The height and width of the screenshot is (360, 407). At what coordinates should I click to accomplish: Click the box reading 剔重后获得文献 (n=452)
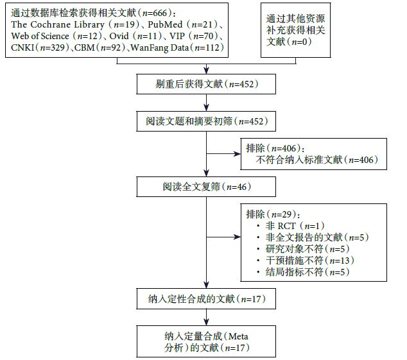pyautogui.click(x=207, y=84)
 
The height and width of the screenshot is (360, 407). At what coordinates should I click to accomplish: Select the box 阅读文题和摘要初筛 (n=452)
pyautogui.click(x=207, y=121)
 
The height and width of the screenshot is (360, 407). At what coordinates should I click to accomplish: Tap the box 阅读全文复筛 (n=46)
pyautogui.click(x=207, y=187)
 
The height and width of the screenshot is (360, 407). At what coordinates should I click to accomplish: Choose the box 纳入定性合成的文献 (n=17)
pyautogui.click(x=207, y=299)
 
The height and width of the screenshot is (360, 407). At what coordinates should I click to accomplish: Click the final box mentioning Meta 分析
pyautogui.click(x=207, y=341)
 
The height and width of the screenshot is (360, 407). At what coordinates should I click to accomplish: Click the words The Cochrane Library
pyautogui.click(x=48, y=25)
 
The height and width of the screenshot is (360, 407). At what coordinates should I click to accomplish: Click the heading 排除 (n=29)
pyautogui.click(x=273, y=214)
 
